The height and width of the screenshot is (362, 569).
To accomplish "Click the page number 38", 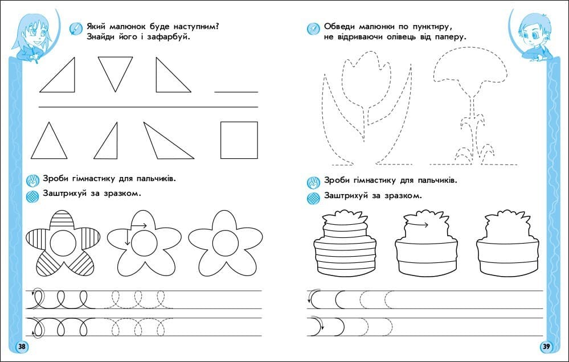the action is (22, 347).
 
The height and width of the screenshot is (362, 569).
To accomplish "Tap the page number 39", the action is (546, 347).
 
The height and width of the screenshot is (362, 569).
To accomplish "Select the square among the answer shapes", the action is (239, 140).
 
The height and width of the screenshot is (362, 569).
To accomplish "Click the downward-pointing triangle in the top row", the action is (116, 74).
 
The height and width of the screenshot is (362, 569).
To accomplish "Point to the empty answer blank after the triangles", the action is (236, 92).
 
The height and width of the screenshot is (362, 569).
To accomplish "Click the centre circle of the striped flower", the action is (63, 242).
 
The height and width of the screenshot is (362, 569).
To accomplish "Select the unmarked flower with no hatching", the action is (226, 244).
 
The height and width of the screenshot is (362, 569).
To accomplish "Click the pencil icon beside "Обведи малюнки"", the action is (313, 28).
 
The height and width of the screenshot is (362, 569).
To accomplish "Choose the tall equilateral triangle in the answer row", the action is (49, 141).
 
